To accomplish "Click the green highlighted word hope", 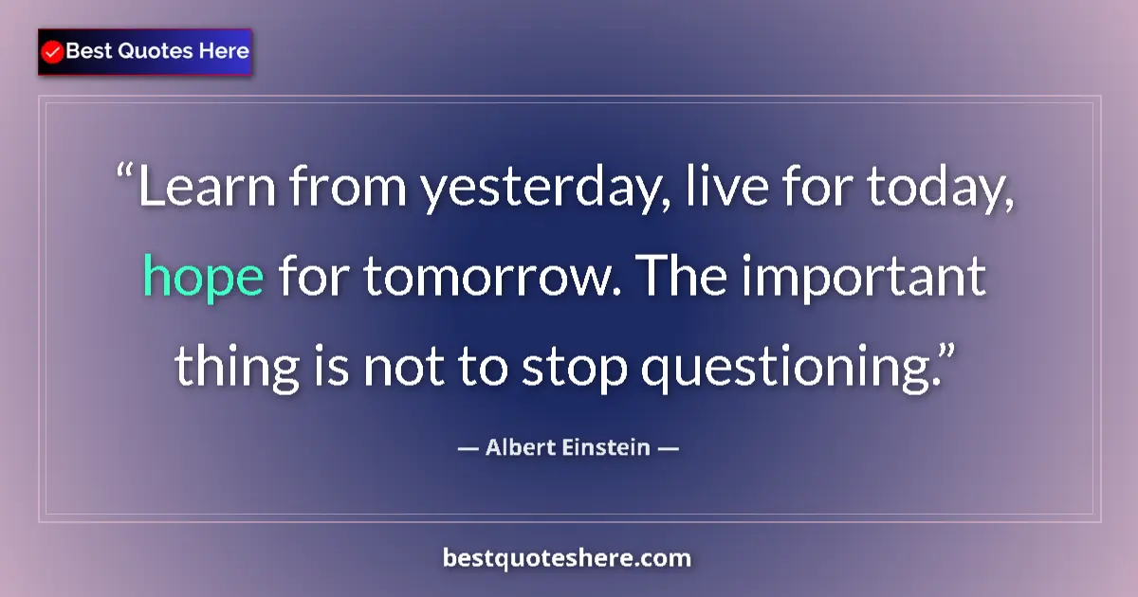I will tap(203, 279).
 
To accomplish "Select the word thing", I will tap(228, 366).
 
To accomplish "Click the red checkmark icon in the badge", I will tap(53, 52).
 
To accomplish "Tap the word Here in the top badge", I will tap(223, 51).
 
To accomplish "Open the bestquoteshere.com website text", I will tap(567, 558).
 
